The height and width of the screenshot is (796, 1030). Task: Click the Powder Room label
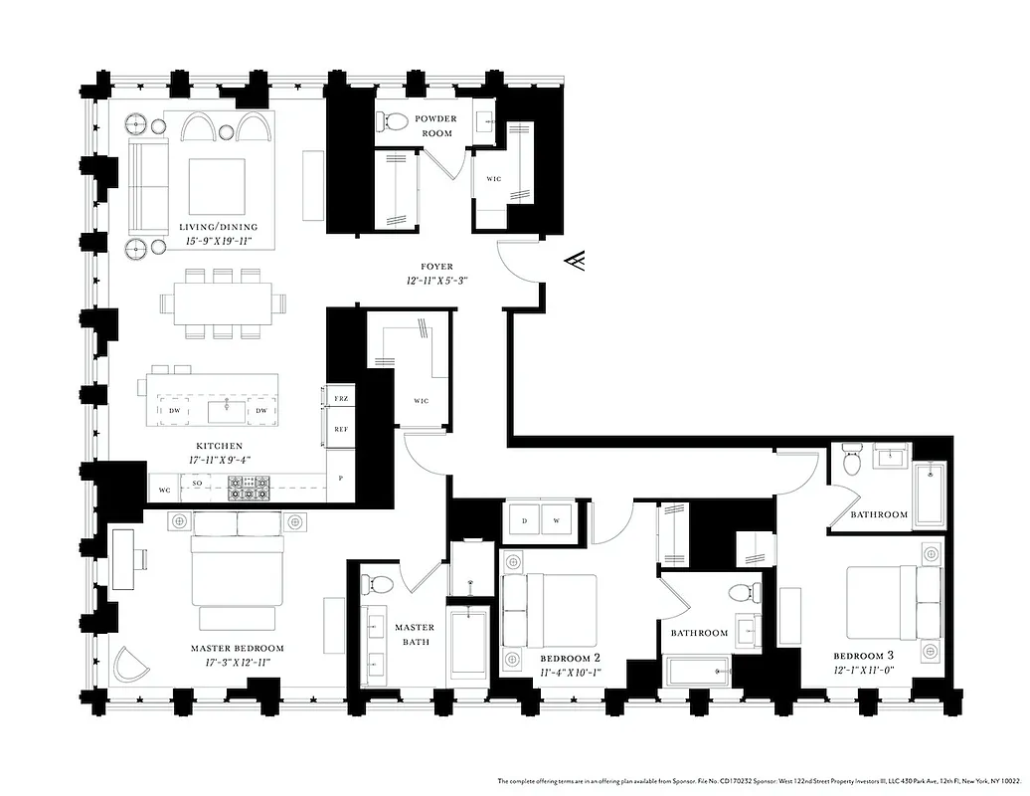[x=434, y=125]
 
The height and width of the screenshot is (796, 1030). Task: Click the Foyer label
[x=436, y=267]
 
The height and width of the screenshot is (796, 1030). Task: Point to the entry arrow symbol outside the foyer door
[x=574, y=261]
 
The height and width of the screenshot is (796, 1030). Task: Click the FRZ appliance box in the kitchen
[x=340, y=397]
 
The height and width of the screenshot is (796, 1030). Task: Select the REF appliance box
[x=340, y=430]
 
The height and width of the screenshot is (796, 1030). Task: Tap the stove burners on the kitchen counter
[x=249, y=487]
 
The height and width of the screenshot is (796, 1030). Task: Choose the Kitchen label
[x=219, y=446]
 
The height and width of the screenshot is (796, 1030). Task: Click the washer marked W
[x=556, y=520]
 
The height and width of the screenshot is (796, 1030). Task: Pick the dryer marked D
[x=523, y=520]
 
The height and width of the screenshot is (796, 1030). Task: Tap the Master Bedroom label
[x=237, y=648]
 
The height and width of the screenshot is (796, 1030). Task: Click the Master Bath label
[x=414, y=634]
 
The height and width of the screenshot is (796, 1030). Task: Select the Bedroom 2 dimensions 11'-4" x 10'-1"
[x=570, y=673]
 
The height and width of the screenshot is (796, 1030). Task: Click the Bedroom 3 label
[x=863, y=656]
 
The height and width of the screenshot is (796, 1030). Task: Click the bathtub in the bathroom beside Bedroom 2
[x=698, y=670]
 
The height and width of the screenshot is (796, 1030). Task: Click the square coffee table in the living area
[x=217, y=186]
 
